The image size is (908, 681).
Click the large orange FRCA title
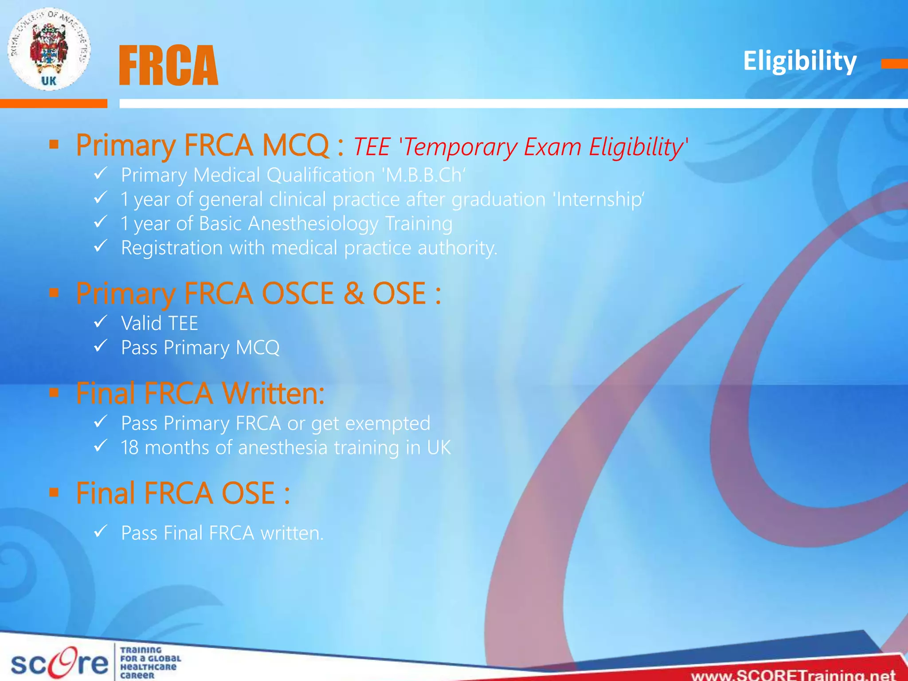pos(168,66)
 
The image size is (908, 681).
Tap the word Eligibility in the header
pos(799,61)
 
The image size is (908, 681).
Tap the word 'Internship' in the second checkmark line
pos(599,200)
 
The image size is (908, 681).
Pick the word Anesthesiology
pos(313,224)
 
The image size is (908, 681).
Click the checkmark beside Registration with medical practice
pos(101,246)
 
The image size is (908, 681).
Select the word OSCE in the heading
pos(297,294)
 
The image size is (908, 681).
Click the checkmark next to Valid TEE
pos(101,321)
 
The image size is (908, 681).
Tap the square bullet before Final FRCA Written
pos(54,393)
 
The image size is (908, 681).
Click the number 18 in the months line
pos(129,448)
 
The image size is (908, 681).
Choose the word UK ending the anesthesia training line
pos(439,448)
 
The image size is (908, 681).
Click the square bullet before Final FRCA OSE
pos(54,493)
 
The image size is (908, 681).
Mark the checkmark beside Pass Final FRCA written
pos(101,531)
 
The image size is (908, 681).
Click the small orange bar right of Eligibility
pos(894,64)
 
